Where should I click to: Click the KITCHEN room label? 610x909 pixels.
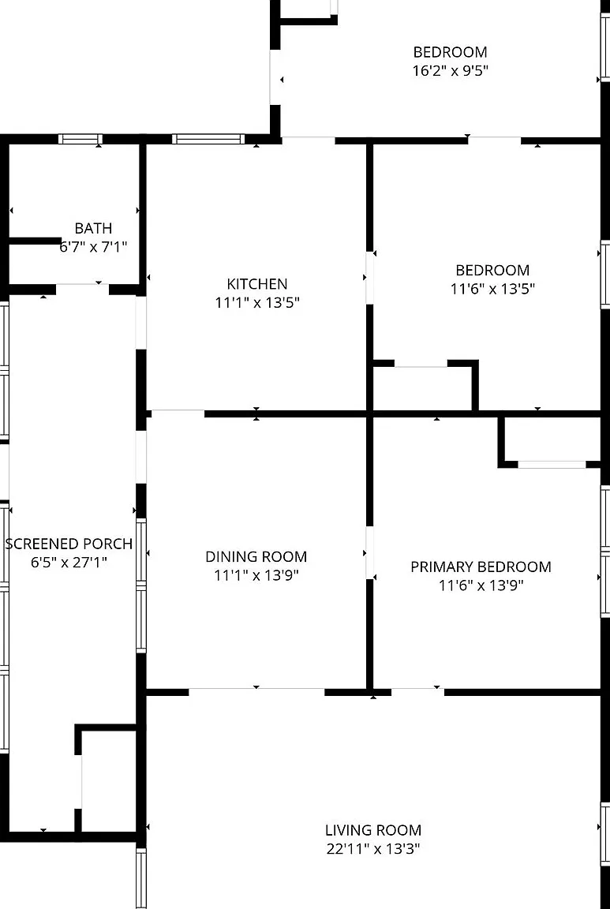point(257,284)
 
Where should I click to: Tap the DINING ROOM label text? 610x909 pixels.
point(256,556)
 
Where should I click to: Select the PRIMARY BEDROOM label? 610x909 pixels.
point(481,567)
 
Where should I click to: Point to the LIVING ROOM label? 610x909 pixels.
point(372,830)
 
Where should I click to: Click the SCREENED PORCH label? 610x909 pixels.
point(69,544)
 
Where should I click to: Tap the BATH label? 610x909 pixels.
point(93,228)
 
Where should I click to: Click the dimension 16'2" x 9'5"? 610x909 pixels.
point(451,71)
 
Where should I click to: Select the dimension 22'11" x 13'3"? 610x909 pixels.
point(372,849)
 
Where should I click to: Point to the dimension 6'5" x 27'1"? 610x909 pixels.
point(69,563)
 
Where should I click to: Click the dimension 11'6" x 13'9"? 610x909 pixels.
point(481,585)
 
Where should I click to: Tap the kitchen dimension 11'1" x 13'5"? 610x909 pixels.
point(257,303)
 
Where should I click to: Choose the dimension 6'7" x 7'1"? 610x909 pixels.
point(93,247)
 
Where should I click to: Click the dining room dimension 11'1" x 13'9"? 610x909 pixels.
point(256,575)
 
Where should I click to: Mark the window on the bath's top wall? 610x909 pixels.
point(80,139)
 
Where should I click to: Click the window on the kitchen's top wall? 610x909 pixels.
point(209,139)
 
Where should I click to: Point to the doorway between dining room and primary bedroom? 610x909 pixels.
point(369,552)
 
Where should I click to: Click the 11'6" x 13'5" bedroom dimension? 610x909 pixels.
point(492,289)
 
